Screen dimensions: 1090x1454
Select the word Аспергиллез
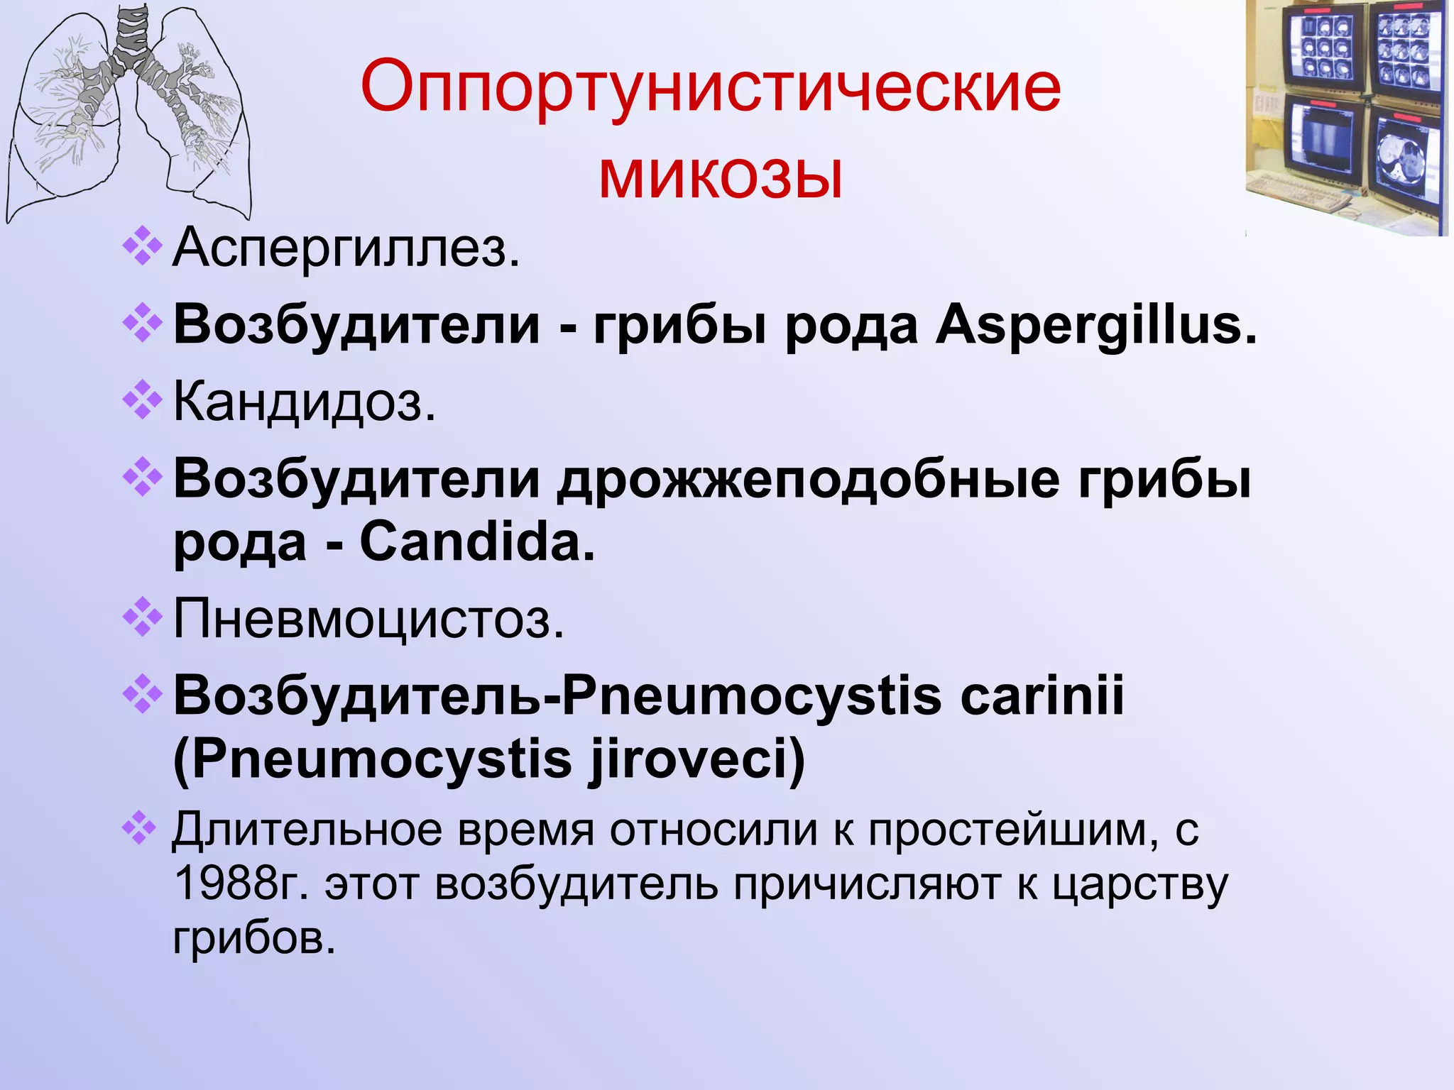[346, 248]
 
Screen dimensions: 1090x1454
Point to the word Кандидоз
[305, 402]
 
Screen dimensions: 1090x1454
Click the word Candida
[477, 543]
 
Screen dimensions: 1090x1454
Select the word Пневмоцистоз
[368, 620]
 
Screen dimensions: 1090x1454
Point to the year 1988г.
[241, 885]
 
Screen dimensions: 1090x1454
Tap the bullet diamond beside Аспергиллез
[142, 246]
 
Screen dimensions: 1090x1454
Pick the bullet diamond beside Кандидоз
[142, 400]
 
